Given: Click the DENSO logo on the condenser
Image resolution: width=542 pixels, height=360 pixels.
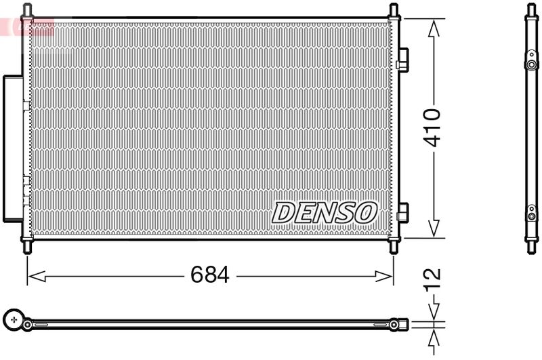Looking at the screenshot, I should click(325, 212).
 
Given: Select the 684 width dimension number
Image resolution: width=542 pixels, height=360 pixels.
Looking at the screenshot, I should click(210, 276).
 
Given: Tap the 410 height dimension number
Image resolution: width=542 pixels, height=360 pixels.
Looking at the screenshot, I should click(432, 127).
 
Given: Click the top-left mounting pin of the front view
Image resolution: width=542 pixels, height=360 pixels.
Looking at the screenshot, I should click(27, 11).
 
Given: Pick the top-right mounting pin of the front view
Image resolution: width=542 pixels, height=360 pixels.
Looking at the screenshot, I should click(394, 11).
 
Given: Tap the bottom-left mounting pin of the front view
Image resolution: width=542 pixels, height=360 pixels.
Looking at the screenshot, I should click(27, 247).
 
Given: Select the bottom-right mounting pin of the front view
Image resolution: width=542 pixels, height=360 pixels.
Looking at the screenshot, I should click(394, 247).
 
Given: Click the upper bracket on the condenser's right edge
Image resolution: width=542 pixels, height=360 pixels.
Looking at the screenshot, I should click(402, 60).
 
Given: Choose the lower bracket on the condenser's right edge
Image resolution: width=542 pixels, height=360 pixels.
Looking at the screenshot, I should click(402, 213).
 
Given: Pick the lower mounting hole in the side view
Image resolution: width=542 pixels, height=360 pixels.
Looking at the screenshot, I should click(531, 210).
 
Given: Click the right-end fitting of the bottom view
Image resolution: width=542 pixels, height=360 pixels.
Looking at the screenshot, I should click(402, 325).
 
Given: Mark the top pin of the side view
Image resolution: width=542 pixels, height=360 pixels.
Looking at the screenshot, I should click(531, 9).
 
